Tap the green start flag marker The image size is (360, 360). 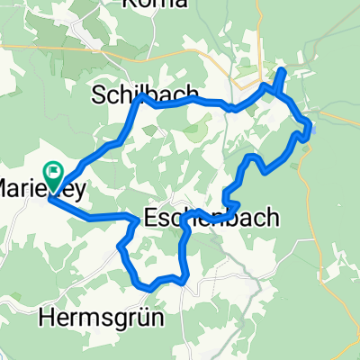click(53, 168)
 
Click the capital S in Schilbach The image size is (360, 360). click(98, 94)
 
